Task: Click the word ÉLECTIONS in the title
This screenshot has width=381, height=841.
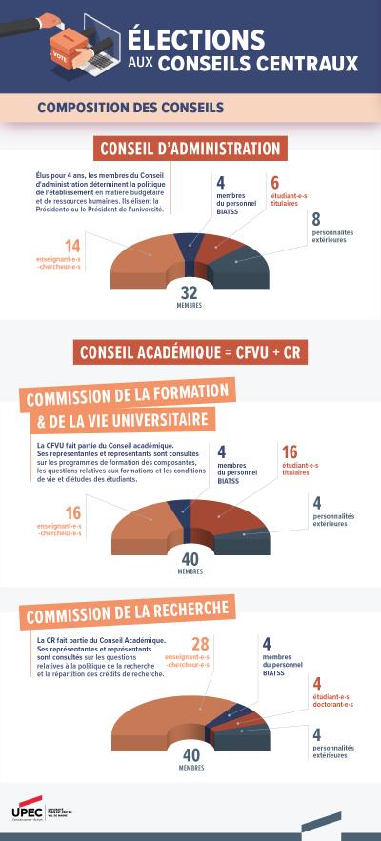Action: point(196,38)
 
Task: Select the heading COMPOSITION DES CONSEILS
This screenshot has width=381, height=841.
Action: point(130,108)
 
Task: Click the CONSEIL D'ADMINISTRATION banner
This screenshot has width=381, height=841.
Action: point(190,149)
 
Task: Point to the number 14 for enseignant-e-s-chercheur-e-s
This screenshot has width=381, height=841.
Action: point(72,247)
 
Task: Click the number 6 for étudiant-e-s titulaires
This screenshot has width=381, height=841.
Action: point(275,183)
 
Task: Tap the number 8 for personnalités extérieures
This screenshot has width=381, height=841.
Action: point(316,219)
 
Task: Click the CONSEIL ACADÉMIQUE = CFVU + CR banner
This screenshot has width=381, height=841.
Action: point(190,352)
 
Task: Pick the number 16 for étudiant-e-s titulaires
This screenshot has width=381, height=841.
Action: point(290,451)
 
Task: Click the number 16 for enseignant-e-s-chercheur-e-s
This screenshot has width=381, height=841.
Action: point(72,512)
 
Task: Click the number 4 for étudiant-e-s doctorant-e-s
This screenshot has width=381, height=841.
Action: point(317,683)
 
